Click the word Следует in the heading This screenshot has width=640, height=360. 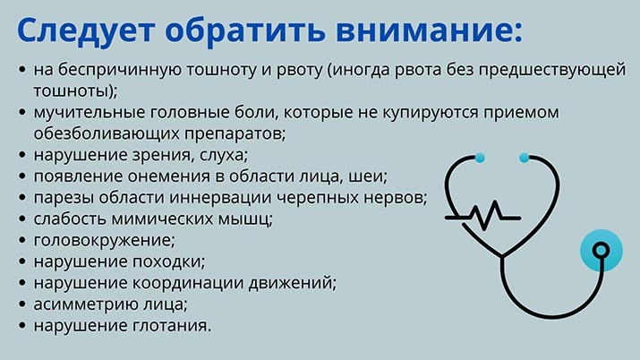pos(86,30)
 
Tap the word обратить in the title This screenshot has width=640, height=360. pos(245,30)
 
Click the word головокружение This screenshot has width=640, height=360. pos(104,240)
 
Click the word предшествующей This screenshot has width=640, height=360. pos(552,70)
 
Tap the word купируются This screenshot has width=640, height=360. pos(430,113)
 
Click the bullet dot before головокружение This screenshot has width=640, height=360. pos(22,240)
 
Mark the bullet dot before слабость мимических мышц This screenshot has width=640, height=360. pos(22,219)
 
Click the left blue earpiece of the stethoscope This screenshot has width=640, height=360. pos(480,158)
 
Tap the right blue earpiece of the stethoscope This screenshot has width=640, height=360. pos(524,158)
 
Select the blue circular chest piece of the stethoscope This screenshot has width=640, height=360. pos(602,251)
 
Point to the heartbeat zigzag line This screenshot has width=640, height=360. pos(482,216)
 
